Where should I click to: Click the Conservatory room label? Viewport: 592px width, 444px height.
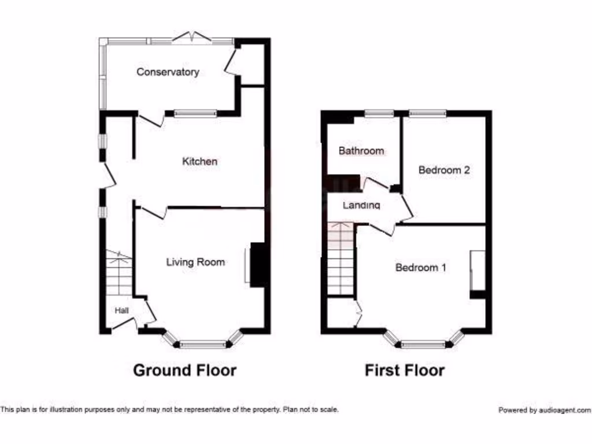pyautogui.click(x=168, y=72)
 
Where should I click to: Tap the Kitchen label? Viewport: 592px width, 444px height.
pyautogui.click(x=200, y=161)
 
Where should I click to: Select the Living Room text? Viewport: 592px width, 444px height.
pyautogui.click(x=195, y=262)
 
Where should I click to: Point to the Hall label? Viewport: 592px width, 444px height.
pyautogui.click(x=121, y=310)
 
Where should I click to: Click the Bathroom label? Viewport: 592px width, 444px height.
pyautogui.click(x=361, y=151)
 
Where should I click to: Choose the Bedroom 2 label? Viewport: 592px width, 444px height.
pyautogui.click(x=444, y=170)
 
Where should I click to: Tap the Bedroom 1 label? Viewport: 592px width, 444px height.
pyautogui.click(x=421, y=268)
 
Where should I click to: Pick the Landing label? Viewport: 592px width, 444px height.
pyautogui.click(x=361, y=205)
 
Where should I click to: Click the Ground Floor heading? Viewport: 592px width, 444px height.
pyautogui.click(x=185, y=370)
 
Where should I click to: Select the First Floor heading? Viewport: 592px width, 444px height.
pyautogui.click(x=405, y=370)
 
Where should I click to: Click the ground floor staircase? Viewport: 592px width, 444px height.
pyautogui.click(x=119, y=273)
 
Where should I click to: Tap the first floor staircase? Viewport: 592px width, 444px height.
pyautogui.click(x=341, y=258)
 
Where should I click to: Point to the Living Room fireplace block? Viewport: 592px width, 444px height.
pyautogui.click(x=258, y=265)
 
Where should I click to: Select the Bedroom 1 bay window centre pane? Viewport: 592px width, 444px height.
pyautogui.click(x=424, y=345)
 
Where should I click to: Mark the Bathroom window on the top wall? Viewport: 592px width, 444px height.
pyautogui.click(x=379, y=113)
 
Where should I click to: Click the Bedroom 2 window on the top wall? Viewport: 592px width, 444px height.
pyautogui.click(x=428, y=113)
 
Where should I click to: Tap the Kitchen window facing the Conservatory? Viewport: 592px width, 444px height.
pyautogui.click(x=195, y=113)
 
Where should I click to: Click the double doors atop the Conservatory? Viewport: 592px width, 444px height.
pyautogui.click(x=191, y=39)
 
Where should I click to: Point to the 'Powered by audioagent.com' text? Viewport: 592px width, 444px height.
pyautogui.click(x=545, y=410)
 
